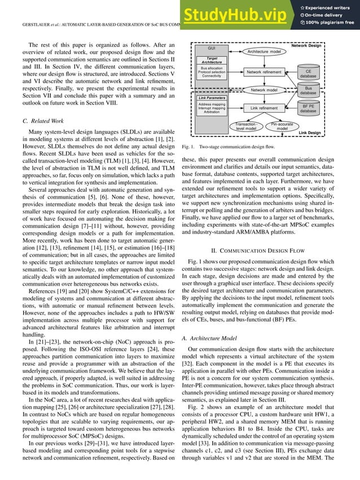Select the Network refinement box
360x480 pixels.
click(x=264, y=72)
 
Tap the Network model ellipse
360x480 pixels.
click(x=264, y=90)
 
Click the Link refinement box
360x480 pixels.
click(x=264, y=108)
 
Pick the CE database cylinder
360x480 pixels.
click(x=308, y=73)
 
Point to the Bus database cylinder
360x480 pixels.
click(x=308, y=90)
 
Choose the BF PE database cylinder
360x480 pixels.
click(x=308, y=108)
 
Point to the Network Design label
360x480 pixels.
click(x=322, y=44)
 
